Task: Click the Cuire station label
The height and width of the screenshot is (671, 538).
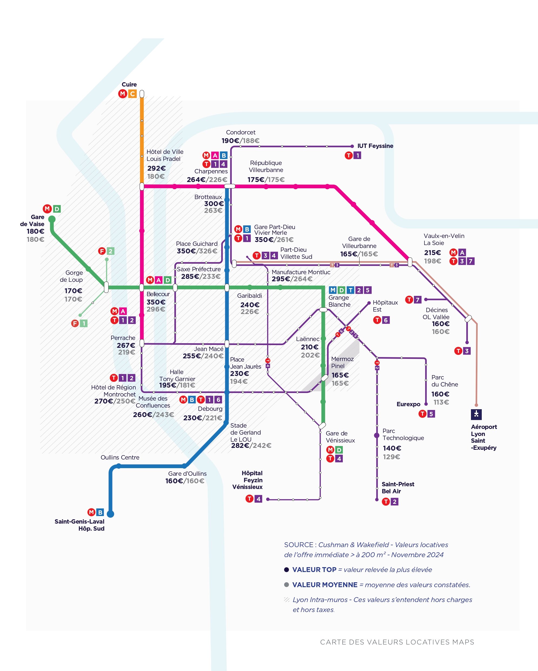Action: (129, 85)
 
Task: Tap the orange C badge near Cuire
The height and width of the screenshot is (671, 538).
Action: (132, 94)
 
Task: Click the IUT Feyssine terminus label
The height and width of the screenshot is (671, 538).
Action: (375, 146)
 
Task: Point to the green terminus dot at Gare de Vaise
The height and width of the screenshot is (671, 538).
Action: (52, 219)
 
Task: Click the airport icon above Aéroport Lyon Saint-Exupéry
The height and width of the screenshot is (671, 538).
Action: (476, 414)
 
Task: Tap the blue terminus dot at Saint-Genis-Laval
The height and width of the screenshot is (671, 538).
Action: (111, 514)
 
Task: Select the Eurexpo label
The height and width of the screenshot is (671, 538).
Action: (408, 404)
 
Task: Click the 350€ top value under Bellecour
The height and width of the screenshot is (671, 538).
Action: (156, 302)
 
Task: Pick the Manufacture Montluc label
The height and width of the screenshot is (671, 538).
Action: (301, 272)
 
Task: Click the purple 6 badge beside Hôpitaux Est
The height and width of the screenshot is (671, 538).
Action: (386, 320)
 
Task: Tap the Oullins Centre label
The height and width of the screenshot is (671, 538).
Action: (120, 458)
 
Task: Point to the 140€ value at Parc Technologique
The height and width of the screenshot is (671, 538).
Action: (392, 448)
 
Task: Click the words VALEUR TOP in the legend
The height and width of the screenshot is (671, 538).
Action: (314, 570)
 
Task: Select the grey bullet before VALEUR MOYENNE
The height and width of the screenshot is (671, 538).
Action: (287, 585)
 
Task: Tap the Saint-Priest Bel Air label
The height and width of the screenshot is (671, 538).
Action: (398, 488)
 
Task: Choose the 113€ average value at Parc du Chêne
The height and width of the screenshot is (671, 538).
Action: (441, 402)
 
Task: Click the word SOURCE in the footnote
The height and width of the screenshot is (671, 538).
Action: (298, 545)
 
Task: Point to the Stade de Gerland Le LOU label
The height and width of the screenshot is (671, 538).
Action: (245, 432)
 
